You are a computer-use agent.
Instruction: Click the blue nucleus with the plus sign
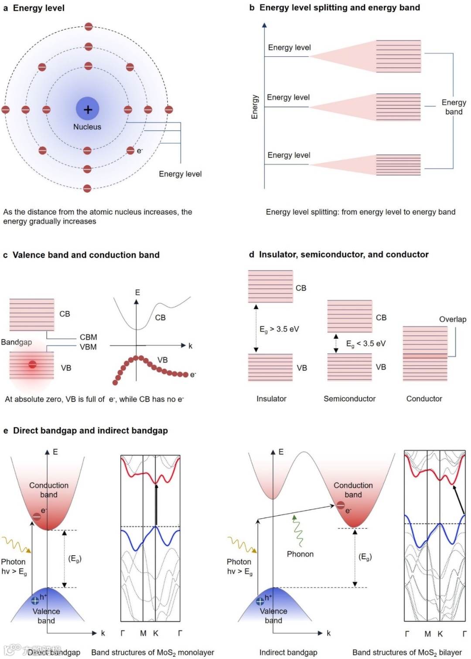tap(88, 109)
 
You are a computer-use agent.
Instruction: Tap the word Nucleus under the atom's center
tap(87, 127)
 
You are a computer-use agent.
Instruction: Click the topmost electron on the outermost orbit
tap(89, 27)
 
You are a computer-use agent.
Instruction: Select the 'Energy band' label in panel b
tap(454, 107)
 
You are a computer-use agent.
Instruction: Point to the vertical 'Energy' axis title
tap(255, 107)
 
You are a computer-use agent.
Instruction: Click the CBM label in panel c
tap(89, 337)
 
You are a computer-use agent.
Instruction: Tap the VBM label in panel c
tap(88, 347)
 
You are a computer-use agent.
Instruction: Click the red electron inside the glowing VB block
tap(32, 364)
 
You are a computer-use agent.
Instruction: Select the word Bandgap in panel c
tap(17, 342)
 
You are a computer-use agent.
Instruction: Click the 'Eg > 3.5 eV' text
tap(279, 329)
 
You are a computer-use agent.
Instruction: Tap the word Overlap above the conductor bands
tap(452, 319)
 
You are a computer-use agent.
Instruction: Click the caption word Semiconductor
tap(349, 399)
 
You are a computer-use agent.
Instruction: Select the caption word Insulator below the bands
tap(271, 399)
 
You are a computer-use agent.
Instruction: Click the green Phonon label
tap(300, 554)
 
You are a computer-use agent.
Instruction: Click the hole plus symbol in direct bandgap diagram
tap(35, 601)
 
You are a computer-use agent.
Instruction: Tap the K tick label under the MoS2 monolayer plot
tap(156, 633)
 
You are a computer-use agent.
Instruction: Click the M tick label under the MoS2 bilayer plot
tap(427, 634)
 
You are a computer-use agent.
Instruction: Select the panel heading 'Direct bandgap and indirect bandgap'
tap(90, 430)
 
